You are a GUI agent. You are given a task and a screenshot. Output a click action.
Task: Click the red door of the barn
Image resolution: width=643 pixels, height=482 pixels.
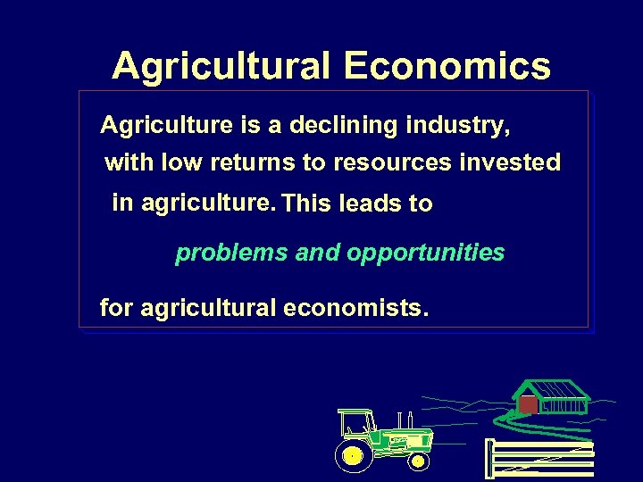529,405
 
